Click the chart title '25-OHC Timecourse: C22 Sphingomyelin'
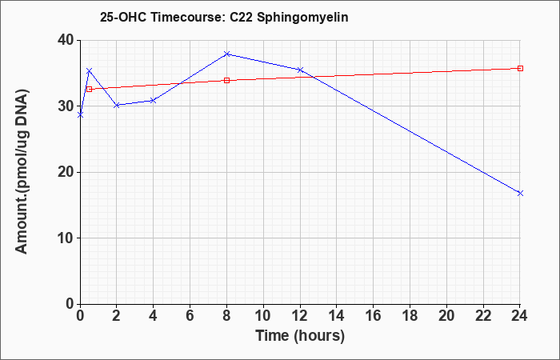224,18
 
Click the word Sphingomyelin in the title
302,18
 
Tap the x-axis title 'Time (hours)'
300,336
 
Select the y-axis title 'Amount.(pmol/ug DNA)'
22,172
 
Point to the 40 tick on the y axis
66,40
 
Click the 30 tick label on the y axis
66,106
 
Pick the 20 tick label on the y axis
66,172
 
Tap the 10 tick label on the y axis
66,238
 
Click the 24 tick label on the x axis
520,316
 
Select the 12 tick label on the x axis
300,316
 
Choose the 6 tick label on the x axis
190,316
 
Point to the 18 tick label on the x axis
410,316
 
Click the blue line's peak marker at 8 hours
226,54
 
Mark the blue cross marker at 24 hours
520,194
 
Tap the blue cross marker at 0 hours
80,115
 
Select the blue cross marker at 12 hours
300,70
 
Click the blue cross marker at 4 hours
154,101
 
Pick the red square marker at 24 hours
520,68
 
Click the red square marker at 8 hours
226,80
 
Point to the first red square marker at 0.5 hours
90,89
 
